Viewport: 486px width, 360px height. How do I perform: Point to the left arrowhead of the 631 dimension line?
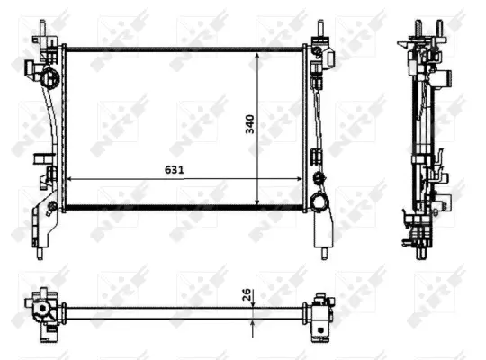pyautogui.click(x=72, y=178)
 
